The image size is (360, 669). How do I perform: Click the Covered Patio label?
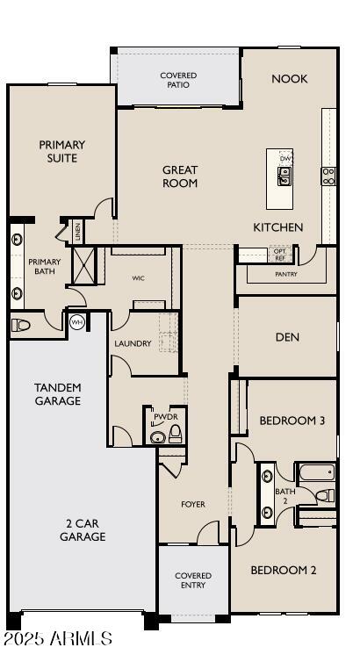pyautogui.click(x=178, y=80)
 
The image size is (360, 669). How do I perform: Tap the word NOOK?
pyautogui.click(x=289, y=79)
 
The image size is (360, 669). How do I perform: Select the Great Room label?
pyautogui.click(x=180, y=176)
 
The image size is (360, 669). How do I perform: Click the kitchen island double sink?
pyautogui.click(x=284, y=176)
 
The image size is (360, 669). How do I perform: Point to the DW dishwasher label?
pyautogui.click(x=285, y=158)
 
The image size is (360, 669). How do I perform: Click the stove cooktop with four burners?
pyautogui.click(x=328, y=176)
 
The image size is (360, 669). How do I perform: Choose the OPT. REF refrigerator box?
pyautogui.click(x=280, y=254)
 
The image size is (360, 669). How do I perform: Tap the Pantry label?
pyautogui.click(x=286, y=275)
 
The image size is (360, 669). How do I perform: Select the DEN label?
pyautogui.click(x=288, y=336)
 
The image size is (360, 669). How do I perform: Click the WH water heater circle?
pyautogui.click(x=76, y=321)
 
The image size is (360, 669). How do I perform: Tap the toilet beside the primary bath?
pyautogui.click(x=22, y=325)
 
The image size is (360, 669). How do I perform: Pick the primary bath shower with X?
pyautogui.click(x=83, y=263)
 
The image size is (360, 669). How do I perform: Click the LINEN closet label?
pyautogui.click(x=77, y=232)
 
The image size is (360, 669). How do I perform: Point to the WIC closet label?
pyautogui.click(x=138, y=278)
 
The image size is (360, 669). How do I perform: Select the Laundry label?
pyautogui.click(x=133, y=343)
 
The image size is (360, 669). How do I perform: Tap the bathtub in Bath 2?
pyautogui.click(x=316, y=474)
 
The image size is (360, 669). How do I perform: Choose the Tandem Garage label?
pyautogui.click(x=58, y=394)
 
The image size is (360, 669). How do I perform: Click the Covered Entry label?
pyautogui.click(x=193, y=581)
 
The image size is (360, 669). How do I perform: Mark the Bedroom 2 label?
pyautogui.click(x=283, y=570)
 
